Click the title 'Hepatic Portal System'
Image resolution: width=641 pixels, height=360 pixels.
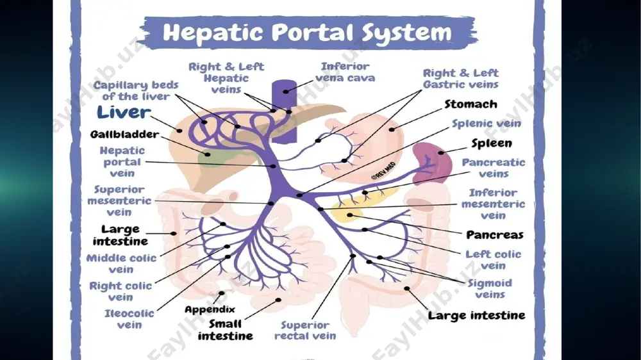pyautogui.click(x=307, y=32)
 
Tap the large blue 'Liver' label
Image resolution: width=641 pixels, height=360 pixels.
pyautogui.click(x=124, y=112)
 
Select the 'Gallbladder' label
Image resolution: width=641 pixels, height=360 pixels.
pyautogui.click(x=125, y=135)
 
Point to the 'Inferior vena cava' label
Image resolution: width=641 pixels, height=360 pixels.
pyautogui.click(x=345, y=72)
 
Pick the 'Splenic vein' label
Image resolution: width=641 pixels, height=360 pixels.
pyautogui.click(x=486, y=124)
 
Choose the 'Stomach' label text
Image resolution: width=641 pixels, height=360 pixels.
pyautogui.click(x=470, y=104)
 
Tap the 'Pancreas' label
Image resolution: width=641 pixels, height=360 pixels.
pyautogui.click(x=495, y=235)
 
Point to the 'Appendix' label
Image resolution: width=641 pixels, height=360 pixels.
pyautogui.click(x=210, y=309)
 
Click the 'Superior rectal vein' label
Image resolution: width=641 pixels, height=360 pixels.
pyautogui.click(x=305, y=331)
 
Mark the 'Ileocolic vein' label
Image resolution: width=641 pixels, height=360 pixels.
pyautogui.click(x=129, y=319)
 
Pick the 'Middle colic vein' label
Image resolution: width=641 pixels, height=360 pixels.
pyautogui.click(x=121, y=263)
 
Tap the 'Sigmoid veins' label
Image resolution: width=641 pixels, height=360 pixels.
pyautogui.click(x=490, y=288)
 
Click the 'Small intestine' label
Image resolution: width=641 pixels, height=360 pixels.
pyautogui.click(x=225, y=330)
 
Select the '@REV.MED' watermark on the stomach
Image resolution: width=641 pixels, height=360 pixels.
pyautogui.click(x=383, y=171)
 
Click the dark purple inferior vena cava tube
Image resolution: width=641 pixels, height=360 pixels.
pyautogui.click(x=284, y=111)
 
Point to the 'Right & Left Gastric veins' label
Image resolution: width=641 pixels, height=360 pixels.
pyautogui.click(x=461, y=78)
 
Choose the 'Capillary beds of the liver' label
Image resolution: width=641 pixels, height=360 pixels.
pyautogui.click(x=136, y=90)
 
